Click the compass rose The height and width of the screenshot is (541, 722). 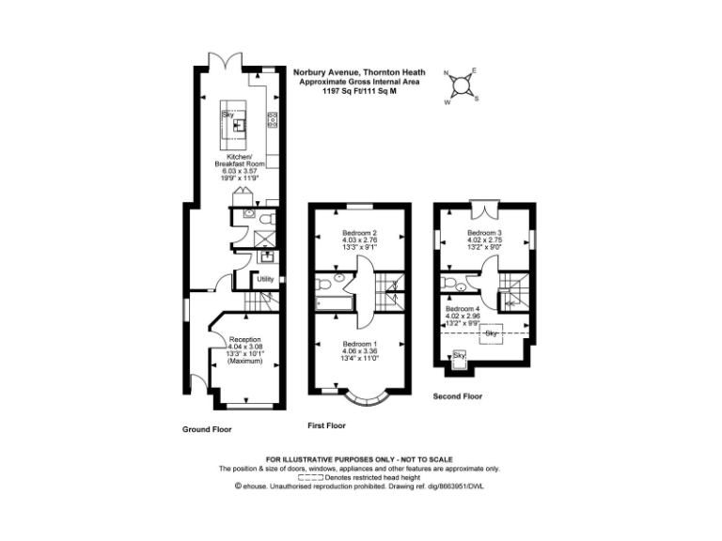click(462, 85)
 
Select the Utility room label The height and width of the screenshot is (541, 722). click(266, 279)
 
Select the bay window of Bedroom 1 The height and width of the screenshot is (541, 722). click(362, 399)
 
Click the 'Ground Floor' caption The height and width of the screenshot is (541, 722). click(207, 429)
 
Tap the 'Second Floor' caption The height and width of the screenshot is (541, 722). click(458, 396)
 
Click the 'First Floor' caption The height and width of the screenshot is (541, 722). click(327, 425)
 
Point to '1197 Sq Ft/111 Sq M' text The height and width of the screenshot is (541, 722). click(358, 91)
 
